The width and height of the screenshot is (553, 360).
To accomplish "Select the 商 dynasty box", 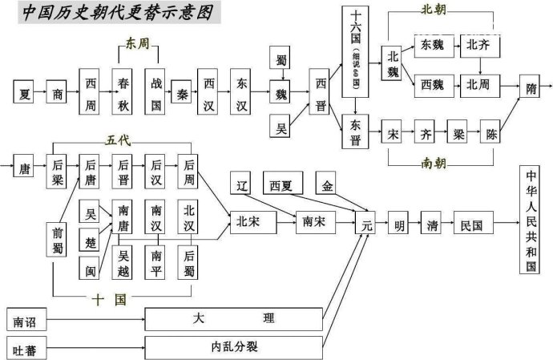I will [58, 93].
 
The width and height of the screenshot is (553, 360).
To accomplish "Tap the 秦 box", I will [181, 93].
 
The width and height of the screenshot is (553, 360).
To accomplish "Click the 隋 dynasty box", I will [532, 91].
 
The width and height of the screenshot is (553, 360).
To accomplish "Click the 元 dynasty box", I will [367, 225].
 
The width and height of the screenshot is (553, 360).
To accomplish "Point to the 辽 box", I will [242, 184].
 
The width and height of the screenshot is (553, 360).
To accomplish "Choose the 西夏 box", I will [282, 184].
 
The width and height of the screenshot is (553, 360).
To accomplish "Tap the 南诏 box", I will [24, 321].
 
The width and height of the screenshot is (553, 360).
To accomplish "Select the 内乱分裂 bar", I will [234, 347].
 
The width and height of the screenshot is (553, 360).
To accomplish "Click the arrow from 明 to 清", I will [418, 225].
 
